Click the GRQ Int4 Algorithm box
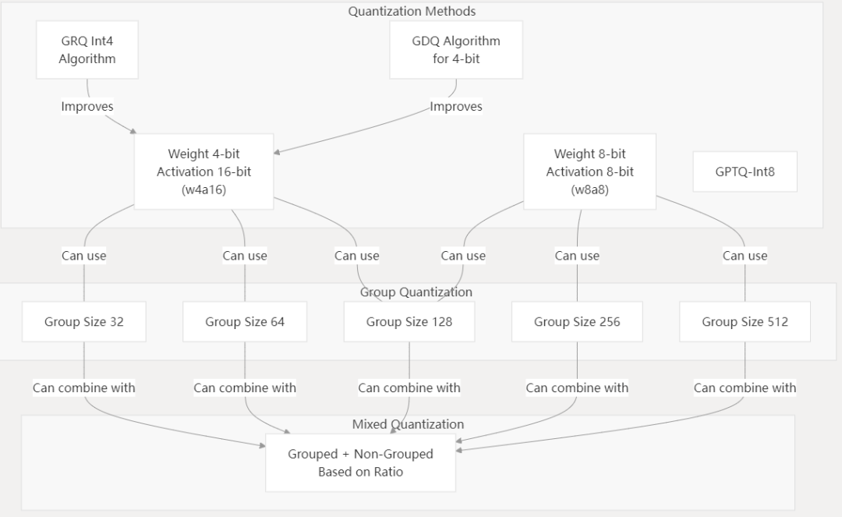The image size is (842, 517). click(87, 50)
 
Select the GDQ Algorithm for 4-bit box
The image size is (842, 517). click(456, 50)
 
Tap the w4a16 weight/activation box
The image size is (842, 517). click(203, 172)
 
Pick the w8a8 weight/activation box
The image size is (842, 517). click(589, 172)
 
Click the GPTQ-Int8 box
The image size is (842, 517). click(745, 172)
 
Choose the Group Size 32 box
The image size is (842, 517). click(83, 321)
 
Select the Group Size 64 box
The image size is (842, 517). click(245, 321)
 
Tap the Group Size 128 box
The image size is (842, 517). click(409, 321)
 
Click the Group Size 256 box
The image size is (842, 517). click(577, 321)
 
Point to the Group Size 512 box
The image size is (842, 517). click(745, 321)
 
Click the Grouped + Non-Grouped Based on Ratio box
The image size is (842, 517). click(360, 462)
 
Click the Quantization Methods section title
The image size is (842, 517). click(412, 12)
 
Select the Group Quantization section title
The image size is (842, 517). click(416, 292)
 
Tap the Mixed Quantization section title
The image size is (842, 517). click(408, 425)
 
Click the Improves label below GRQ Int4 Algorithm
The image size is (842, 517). click(87, 107)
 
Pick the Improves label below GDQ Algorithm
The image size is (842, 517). click(456, 107)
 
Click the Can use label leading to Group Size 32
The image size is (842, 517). click(83, 256)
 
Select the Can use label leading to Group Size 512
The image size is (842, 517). click(745, 256)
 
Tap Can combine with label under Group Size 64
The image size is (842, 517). click(245, 388)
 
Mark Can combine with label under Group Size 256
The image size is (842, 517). click(577, 388)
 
